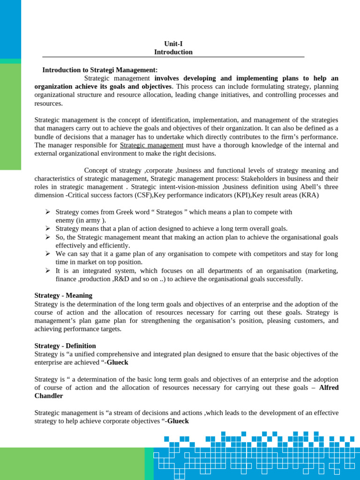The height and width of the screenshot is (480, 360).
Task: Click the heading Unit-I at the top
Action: (x=173, y=44)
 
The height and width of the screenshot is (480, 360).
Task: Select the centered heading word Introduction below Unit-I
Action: (x=173, y=52)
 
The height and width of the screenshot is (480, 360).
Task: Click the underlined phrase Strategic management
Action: (x=151, y=145)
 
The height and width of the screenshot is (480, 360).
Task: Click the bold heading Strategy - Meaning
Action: (x=63, y=295)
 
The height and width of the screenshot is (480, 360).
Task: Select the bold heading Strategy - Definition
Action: (x=65, y=345)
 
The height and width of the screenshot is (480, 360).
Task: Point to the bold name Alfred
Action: (x=329, y=388)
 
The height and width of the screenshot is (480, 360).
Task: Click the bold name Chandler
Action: (x=49, y=396)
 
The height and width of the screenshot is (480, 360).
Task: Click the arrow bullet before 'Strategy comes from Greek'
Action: (x=47, y=212)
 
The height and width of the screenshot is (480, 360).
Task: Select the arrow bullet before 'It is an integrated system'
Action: (x=47, y=270)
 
